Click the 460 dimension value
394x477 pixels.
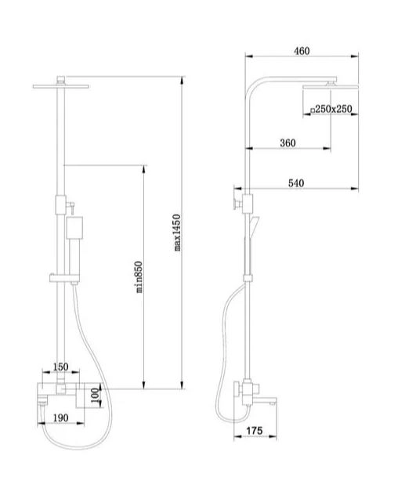pos(302,51)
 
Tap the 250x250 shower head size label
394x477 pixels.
pos(331,109)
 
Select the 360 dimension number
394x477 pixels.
pos(287,143)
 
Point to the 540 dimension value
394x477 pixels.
pos(296,182)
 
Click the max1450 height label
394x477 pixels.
pos(177,233)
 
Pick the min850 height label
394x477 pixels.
pos(139,276)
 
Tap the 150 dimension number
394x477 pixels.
pos(60,367)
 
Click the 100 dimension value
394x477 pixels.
pos(96,396)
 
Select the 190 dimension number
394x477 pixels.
pos(61,417)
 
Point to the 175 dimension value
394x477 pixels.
pos(254,431)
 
